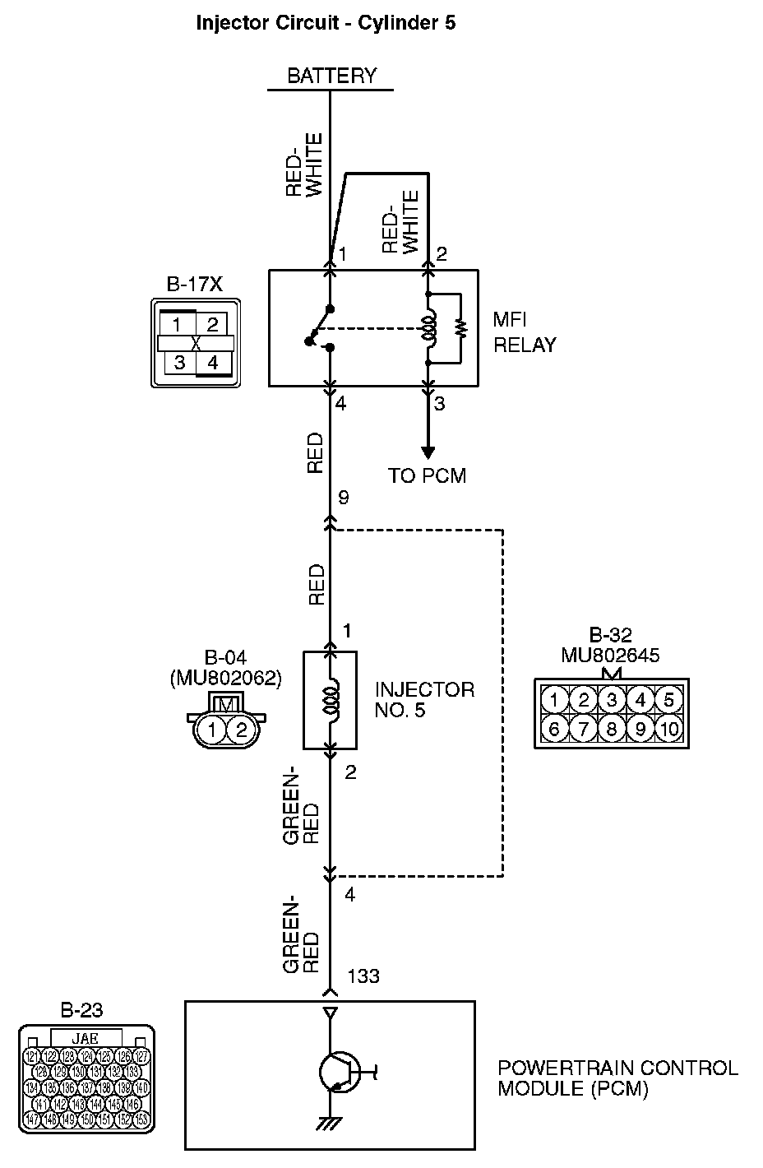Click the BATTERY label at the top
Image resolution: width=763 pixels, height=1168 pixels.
point(331,76)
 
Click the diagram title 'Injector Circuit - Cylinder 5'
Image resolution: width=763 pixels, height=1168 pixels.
point(326,23)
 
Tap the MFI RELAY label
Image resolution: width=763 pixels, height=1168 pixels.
point(525,332)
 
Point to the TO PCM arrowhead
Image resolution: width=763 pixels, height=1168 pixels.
point(428,452)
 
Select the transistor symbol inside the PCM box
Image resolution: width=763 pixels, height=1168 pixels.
point(339,1072)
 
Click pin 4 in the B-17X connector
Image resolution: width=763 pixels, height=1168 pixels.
point(213,362)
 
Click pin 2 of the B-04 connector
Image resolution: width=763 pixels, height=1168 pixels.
point(241,729)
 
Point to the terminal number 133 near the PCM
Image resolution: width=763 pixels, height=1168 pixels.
point(363,976)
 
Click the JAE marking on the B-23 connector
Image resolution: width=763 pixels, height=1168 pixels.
point(86,1039)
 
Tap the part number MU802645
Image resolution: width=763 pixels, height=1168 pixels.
point(610,656)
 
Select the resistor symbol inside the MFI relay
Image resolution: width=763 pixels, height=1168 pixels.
point(461,328)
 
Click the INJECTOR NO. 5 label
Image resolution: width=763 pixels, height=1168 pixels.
point(424,699)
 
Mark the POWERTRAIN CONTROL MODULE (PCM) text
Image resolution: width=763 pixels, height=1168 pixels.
point(617,1078)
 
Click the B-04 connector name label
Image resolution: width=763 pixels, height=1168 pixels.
point(225,657)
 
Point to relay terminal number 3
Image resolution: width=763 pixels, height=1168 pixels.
point(440,404)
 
